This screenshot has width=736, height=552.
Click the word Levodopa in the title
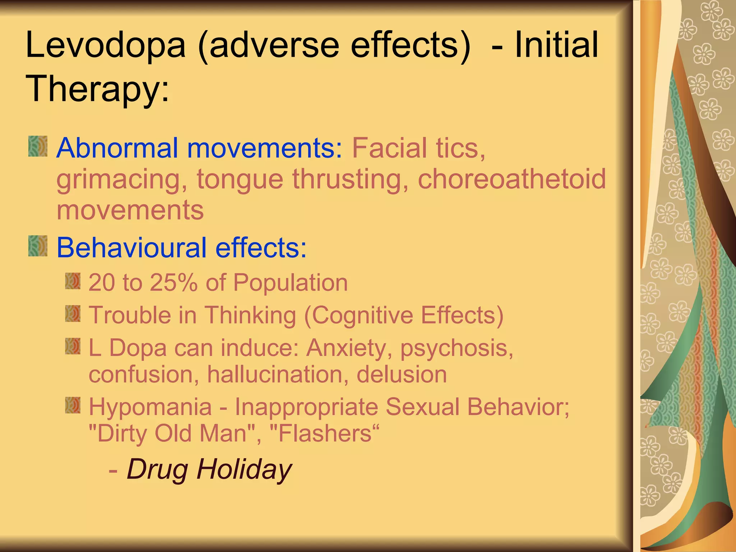pos(106,45)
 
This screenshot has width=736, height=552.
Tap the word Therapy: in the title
pos(97,88)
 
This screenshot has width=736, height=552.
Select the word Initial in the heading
pos(556,45)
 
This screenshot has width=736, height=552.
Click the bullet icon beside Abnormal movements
pos(38,146)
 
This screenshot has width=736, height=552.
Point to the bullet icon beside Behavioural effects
pos(38,246)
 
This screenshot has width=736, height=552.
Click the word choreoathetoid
pos(512,179)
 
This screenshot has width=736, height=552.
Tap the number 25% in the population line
pos(174,282)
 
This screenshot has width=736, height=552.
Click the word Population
pos(290,282)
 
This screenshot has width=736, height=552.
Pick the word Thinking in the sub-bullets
pos(250,315)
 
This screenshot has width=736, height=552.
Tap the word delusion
pos(402,374)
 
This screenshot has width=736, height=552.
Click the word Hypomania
pos(150,407)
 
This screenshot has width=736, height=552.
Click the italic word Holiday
pos(244,469)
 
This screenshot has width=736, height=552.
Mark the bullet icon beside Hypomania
pos(73,405)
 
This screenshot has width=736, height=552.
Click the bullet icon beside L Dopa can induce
pos(73,346)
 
